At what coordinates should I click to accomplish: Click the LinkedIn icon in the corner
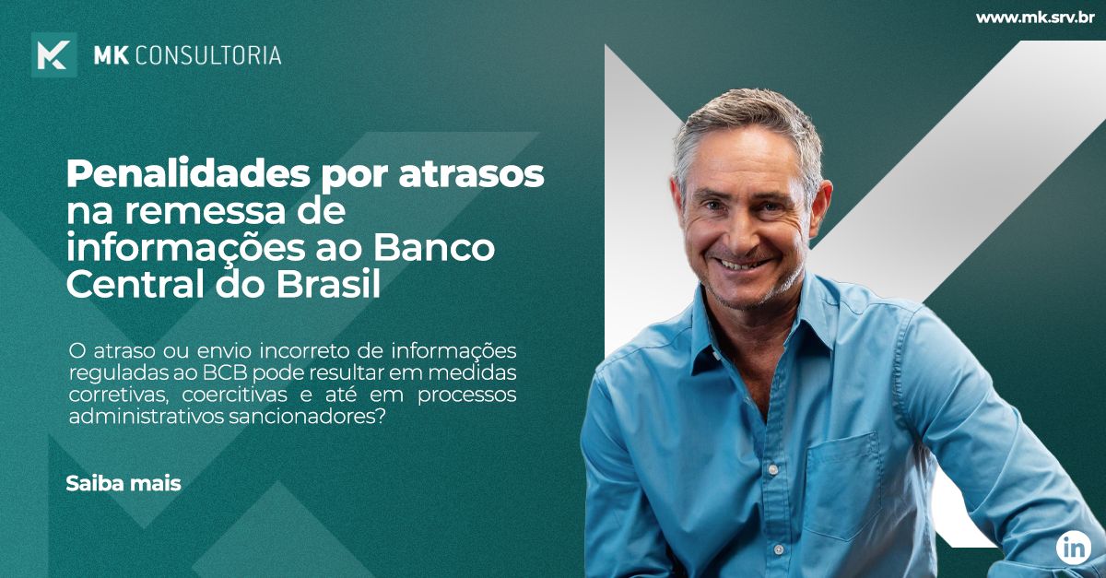[x=1074, y=548]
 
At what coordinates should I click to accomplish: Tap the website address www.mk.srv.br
[x=1034, y=18]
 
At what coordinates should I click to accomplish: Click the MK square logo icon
[x=53, y=55]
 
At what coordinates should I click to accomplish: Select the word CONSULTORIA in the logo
[x=208, y=55]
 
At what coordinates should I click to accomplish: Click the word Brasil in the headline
[x=328, y=284]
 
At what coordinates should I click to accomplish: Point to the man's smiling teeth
[x=745, y=264]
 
